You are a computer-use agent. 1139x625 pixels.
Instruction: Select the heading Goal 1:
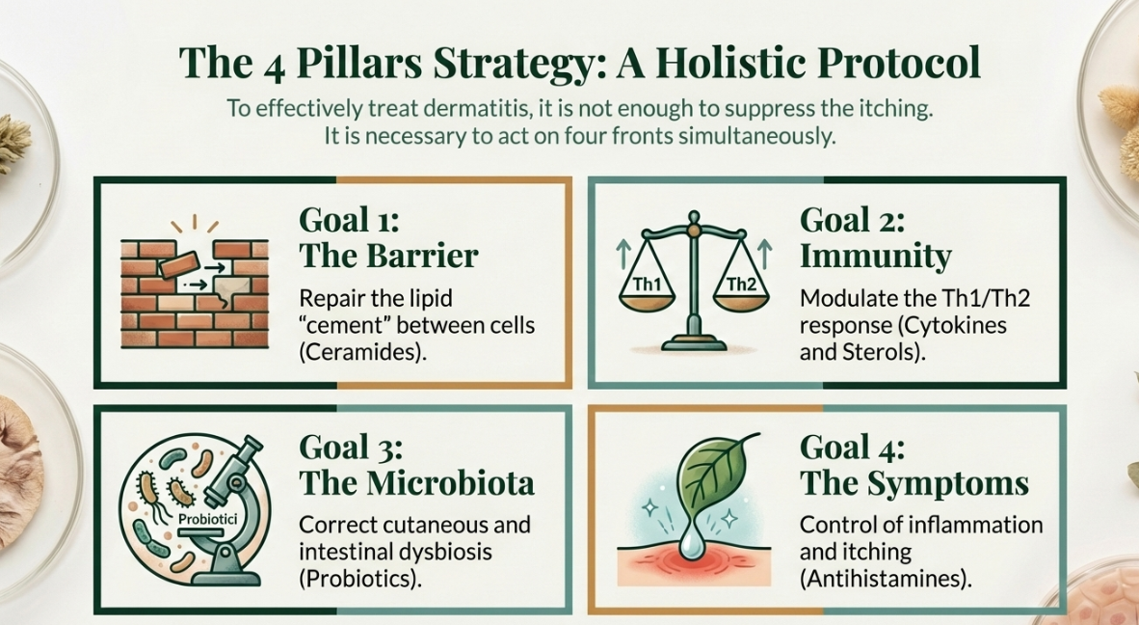[350, 220]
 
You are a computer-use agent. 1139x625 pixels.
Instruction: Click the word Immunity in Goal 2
[875, 256]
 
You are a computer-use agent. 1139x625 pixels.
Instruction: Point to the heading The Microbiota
[416, 482]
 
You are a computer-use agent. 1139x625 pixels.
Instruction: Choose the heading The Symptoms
[914, 482]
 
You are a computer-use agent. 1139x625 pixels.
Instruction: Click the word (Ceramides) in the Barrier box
[361, 352]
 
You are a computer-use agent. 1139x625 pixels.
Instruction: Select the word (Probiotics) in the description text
[360, 579]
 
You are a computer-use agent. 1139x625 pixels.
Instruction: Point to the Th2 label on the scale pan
[741, 285]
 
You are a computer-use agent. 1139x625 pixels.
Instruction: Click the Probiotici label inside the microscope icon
[207, 519]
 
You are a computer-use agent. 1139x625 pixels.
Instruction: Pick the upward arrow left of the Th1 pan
[622, 256]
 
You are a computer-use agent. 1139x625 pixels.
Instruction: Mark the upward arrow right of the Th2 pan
[764, 256]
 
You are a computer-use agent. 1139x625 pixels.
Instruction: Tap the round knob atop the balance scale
[694, 217]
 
